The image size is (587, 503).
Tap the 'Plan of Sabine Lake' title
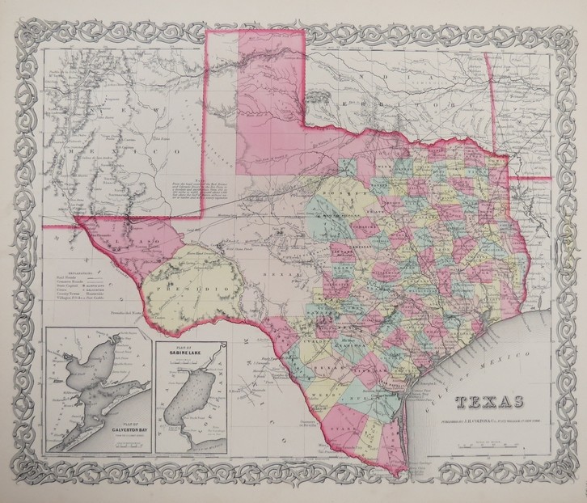(x=184, y=353)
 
